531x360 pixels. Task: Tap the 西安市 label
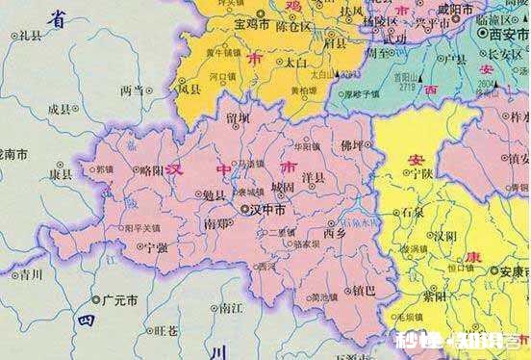[x=507, y=32]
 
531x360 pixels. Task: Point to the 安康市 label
[x=510, y=270]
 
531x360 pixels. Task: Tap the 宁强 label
[x=157, y=247]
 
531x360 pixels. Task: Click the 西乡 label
[x=335, y=232]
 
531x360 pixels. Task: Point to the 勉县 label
[x=214, y=195]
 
